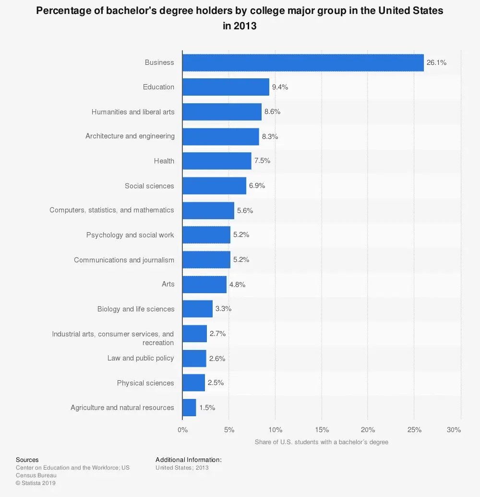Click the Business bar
coord(303,62)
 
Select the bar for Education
coord(226,87)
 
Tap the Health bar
coord(216,161)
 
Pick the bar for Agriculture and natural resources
coord(189,408)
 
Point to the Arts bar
coord(204,285)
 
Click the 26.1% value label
coord(436,62)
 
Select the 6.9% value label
coord(257,186)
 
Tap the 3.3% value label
coord(223,309)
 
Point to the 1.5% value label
coord(207,408)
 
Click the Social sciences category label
coord(149,186)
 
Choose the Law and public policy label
coord(141,358)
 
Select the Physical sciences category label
coord(145,383)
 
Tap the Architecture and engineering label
coord(130,136)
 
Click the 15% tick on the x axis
coord(322,430)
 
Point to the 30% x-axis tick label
coord(454,430)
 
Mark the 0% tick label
coord(182,430)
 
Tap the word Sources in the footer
coord(27,460)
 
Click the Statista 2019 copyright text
coord(36,483)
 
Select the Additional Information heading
coord(189,460)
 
